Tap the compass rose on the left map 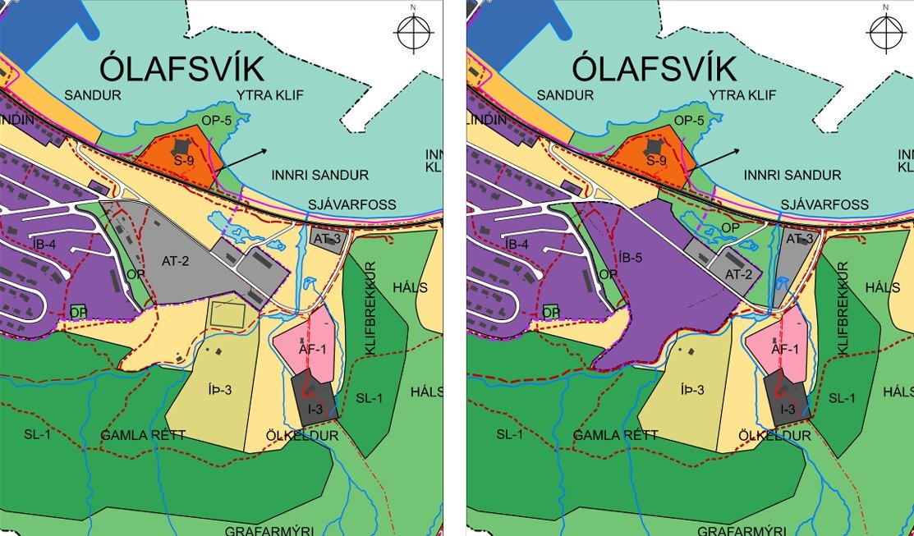click(414, 33)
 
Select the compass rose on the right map click(884, 32)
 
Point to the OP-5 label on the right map click(689, 121)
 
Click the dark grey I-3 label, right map click(787, 409)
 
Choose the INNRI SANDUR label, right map click(792, 175)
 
